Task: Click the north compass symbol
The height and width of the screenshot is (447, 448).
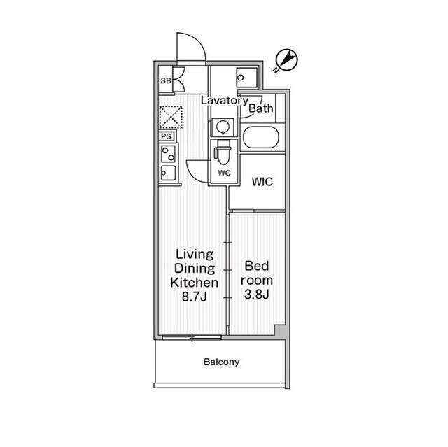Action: (x=286, y=60)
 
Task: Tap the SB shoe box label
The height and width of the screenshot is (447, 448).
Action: (x=166, y=80)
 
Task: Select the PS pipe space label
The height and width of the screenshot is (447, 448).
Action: (x=167, y=136)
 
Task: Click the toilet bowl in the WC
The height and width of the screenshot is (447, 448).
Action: (x=223, y=152)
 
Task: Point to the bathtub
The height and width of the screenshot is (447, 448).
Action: (x=261, y=138)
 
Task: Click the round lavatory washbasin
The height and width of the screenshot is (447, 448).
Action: (x=223, y=127)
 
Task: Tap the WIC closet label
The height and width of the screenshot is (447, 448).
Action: (x=262, y=182)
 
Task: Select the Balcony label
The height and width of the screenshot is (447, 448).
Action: (x=221, y=362)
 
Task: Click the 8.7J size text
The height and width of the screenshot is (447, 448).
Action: (x=195, y=297)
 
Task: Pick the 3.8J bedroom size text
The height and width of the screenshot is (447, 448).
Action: (x=257, y=295)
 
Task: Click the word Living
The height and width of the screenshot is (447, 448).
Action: (x=195, y=255)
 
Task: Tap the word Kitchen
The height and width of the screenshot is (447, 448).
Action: (x=195, y=283)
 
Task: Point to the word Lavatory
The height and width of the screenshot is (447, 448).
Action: (x=225, y=101)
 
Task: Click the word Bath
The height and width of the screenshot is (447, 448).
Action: (x=261, y=108)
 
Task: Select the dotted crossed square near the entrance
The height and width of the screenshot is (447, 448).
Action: (x=171, y=117)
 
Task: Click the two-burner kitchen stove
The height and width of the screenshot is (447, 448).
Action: (x=168, y=154)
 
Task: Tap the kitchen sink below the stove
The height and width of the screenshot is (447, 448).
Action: (x=168, y=173)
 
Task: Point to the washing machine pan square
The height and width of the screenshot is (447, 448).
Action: (x=247, y=78)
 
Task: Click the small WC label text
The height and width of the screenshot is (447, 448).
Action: (x=224, y=173)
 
